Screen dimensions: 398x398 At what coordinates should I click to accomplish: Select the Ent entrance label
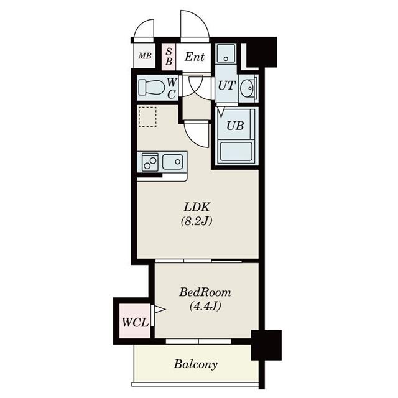195,57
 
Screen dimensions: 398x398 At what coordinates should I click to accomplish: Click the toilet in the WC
150,87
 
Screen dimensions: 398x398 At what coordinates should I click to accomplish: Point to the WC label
172,88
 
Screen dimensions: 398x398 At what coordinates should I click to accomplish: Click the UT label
226,86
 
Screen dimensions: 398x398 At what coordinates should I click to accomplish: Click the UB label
234,125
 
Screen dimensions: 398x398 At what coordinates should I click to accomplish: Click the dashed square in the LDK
148,117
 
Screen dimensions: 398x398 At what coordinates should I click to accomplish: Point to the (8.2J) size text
197,221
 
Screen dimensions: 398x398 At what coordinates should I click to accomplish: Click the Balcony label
195,364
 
